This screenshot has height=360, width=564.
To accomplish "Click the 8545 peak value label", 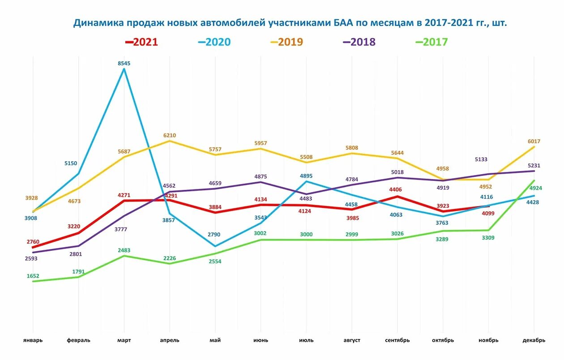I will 124,64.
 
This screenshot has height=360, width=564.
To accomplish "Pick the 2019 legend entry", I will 286,42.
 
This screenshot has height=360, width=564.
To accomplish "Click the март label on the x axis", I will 124,340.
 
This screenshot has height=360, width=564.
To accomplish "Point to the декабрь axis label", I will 534,340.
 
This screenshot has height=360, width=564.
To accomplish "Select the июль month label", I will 306,340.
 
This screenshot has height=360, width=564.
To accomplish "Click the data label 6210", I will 169,135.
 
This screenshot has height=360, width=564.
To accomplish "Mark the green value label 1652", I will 33,276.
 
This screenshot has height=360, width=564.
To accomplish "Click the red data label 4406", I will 397,189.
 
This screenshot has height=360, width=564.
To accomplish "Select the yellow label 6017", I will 534,141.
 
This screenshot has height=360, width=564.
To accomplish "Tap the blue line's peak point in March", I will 124,69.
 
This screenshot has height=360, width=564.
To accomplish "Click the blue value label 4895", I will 306,176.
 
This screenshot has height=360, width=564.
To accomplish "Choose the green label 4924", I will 536,188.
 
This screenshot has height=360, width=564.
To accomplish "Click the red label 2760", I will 33,242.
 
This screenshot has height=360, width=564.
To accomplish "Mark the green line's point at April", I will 169,263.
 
